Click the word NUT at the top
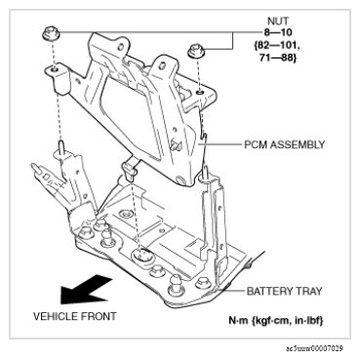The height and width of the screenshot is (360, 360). (x=277, y=21)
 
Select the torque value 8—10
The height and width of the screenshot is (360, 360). (x=277, y=32)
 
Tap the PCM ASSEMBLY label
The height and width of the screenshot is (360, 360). (x=285, y=144)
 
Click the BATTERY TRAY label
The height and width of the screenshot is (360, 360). (x=285, y=291)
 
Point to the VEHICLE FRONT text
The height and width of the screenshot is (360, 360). (x=75, y=316)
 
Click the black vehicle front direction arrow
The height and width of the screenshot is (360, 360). (x=85, y=290)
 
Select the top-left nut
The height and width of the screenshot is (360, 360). (x=51, y=34)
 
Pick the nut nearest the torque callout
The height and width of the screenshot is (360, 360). (x=196, y=51)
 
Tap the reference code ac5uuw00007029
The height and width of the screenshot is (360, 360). (x=314, y=348)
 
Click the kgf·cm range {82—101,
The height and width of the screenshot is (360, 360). (x=277, y=45)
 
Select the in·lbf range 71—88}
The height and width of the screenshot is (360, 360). (x=278, y=58)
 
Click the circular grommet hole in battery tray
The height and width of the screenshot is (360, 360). (x=142, y=255)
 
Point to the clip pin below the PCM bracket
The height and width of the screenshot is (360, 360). (x=129, y=169)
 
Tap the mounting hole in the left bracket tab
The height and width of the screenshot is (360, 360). (x=55, y=69)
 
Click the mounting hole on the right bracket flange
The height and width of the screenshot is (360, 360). (x=200, y=94)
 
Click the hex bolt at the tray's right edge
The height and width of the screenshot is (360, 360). (x=201, y=282)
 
